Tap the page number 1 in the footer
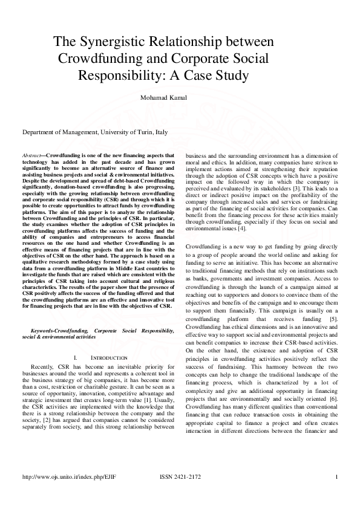click(336, 477)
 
